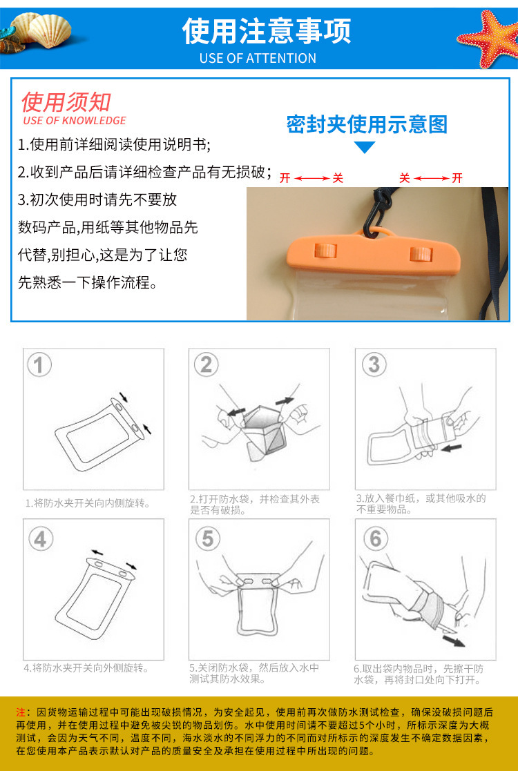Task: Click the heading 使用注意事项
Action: coord(267,31)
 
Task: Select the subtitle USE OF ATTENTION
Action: coord(258,58)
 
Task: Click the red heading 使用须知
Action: coord(66,101)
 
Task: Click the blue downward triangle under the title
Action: coord(365,147)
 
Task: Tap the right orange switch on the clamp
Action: coord(421,254)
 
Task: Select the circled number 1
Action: coord(39,365)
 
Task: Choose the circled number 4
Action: coord(40,539)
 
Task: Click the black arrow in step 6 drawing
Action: coord(454,641)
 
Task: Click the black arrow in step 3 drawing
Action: coord(452,448)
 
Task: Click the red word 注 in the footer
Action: coord(21,712)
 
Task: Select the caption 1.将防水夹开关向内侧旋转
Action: coord(88,503)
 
